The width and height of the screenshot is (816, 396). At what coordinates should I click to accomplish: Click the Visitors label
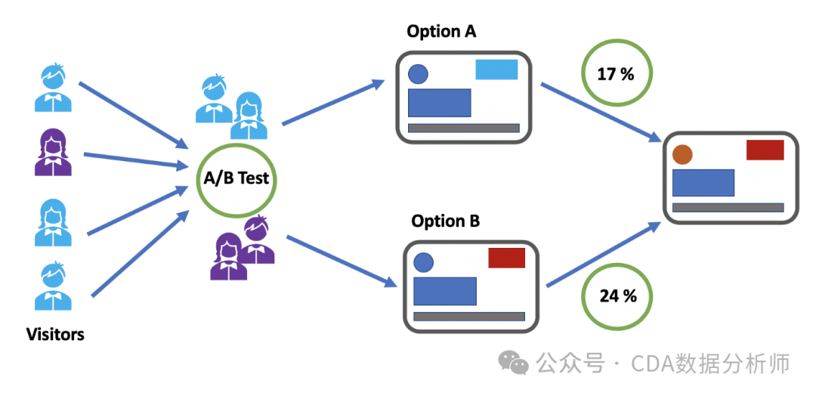55,334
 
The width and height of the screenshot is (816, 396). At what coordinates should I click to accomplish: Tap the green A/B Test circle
235,179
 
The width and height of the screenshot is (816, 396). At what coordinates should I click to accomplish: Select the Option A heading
441,31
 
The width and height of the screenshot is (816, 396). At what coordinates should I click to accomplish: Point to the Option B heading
446,221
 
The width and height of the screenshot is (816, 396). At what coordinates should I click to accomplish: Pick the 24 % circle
617,295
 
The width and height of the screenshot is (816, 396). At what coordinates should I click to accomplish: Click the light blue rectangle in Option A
496,70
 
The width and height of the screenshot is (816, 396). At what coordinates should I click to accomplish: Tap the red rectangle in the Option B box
506,258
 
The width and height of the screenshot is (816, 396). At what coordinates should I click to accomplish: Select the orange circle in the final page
682,154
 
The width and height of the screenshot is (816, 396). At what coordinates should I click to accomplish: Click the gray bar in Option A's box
463,128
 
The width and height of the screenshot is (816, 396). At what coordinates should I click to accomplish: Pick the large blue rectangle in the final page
703,182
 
